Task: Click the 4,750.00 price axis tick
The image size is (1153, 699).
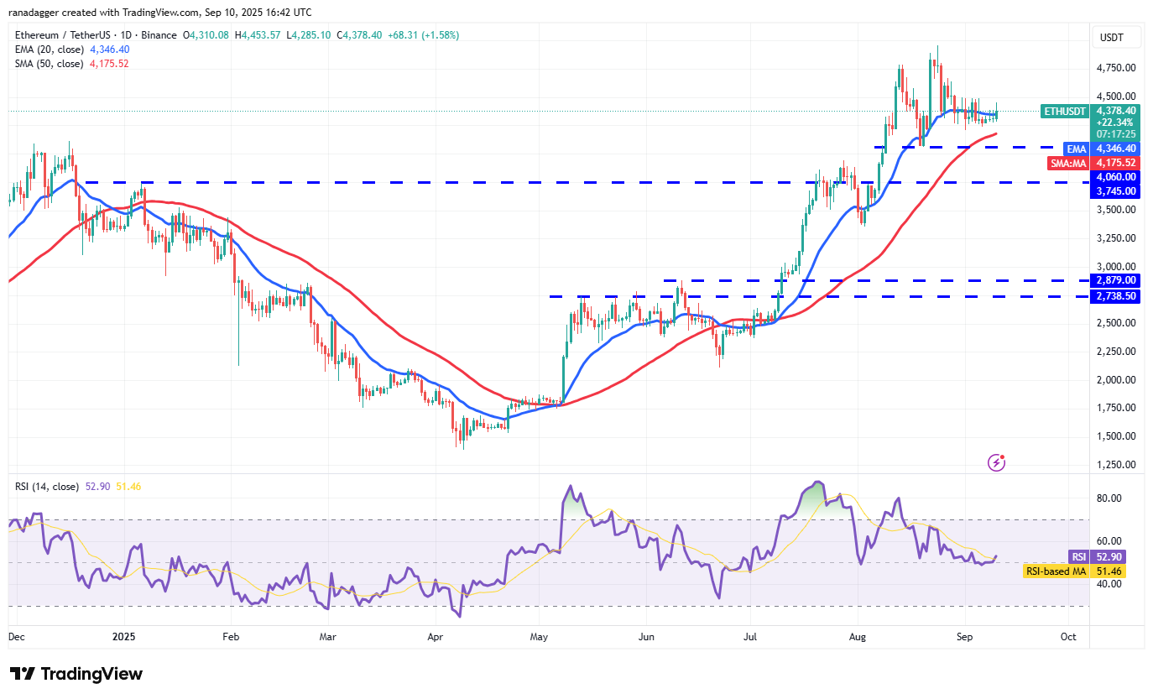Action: coord(1116,67)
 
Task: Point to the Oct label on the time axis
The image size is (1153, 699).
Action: coord(1067,637)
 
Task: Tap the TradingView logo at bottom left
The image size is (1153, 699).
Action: coord(76,674)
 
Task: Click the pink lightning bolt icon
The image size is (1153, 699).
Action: coord(996,462)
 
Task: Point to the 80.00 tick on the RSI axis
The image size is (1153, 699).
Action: coord(1110,498)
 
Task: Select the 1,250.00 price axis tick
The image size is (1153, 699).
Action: coord(1116,464)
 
